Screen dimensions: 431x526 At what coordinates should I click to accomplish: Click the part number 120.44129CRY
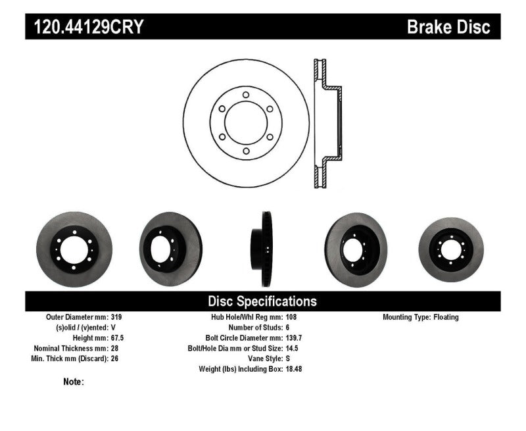85,27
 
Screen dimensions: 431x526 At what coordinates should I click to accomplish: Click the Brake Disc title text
449,27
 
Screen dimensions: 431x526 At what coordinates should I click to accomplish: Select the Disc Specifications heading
262,301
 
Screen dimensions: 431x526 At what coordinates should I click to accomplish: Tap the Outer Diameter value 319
117,317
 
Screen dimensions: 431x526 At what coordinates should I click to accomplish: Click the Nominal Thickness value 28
115,348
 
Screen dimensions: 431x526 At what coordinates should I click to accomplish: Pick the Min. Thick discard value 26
115,359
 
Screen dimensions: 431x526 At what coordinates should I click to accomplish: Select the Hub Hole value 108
291,317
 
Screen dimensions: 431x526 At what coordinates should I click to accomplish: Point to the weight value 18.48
294,369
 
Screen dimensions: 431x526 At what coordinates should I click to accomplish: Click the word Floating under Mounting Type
446,317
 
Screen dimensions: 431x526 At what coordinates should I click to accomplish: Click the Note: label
74,382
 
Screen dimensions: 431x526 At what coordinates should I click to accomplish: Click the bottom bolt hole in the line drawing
245,152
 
